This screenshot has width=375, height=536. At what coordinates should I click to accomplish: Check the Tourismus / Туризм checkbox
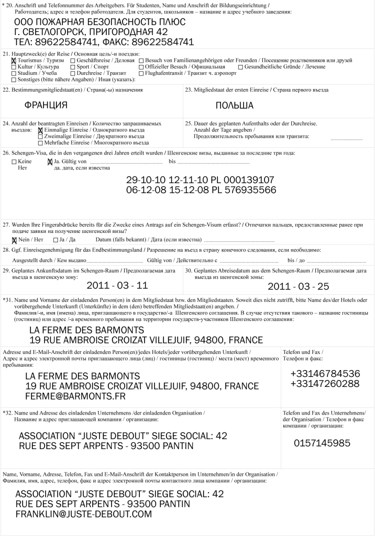coord(14,61)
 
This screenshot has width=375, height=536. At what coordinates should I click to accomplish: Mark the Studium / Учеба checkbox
coord(14,73)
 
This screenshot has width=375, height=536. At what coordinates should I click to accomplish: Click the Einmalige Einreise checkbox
coord(40,130)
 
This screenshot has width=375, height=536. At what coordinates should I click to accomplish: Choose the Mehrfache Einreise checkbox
coord(40,142)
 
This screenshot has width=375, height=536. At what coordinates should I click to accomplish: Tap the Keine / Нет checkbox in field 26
coord(14,162)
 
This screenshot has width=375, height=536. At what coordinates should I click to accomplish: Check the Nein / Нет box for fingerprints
coord(14,240)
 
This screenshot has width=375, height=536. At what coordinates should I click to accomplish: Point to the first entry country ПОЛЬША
coord(234,105)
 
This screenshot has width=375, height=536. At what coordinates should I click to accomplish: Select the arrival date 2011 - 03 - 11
coord(117,285)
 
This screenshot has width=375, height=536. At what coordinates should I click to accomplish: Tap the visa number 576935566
coord(248,189)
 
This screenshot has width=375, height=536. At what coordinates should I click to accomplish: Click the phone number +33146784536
coord(325,374)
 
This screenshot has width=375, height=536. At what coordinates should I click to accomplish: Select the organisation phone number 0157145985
coord(322,443)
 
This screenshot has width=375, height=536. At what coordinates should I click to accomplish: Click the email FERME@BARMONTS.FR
coord(75,396)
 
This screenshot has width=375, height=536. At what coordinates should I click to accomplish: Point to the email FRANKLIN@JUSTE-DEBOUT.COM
coord(83,514)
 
